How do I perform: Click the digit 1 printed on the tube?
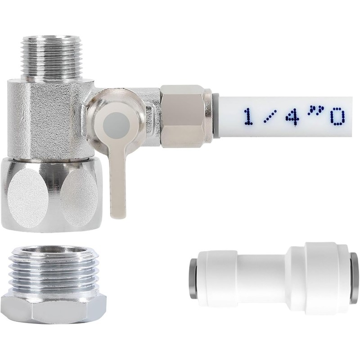(x=249, y=117)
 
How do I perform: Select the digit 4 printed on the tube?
(x=293, y=116)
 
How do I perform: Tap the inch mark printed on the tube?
(x=314, y=110)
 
